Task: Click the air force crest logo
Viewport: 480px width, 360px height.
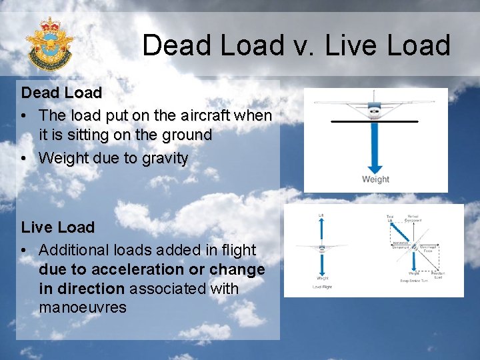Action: point(49,44)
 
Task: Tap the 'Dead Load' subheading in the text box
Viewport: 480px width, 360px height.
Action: point(61,93)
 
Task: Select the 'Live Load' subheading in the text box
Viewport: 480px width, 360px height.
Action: point(58,227)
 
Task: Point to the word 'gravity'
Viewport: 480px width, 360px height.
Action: point(165,159)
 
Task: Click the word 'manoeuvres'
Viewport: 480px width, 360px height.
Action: point(83,308)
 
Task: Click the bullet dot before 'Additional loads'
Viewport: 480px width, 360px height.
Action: point(23,251)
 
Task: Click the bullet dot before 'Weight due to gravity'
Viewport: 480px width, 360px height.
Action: point(23,159)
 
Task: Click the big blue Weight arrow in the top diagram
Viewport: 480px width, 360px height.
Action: point(375,147)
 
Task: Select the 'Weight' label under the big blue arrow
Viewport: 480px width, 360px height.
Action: point(375,179)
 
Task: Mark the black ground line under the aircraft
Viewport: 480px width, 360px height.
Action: point(374,121)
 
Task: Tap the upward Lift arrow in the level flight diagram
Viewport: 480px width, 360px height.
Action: point(321,230)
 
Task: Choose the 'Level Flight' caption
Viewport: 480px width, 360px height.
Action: point(322,287)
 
